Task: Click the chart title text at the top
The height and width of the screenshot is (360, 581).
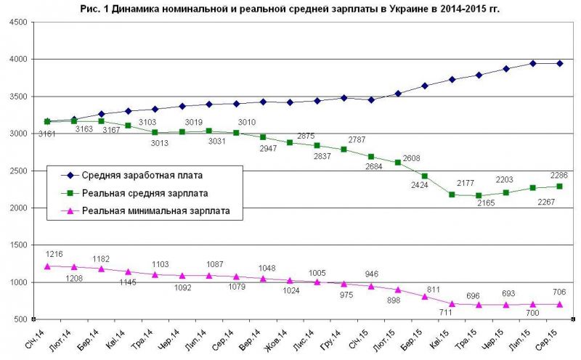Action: pos(290,8)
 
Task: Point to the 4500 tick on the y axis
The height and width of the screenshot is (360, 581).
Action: pos(17,22)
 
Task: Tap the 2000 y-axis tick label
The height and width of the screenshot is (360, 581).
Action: pos(17,208)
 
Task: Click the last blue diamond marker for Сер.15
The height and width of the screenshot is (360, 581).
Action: pos(558,63)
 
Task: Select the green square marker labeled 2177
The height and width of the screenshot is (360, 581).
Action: pos(452,195)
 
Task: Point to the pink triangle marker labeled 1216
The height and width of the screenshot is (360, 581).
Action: pos(47,266)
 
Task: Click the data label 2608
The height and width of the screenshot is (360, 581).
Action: pos(412,157)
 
